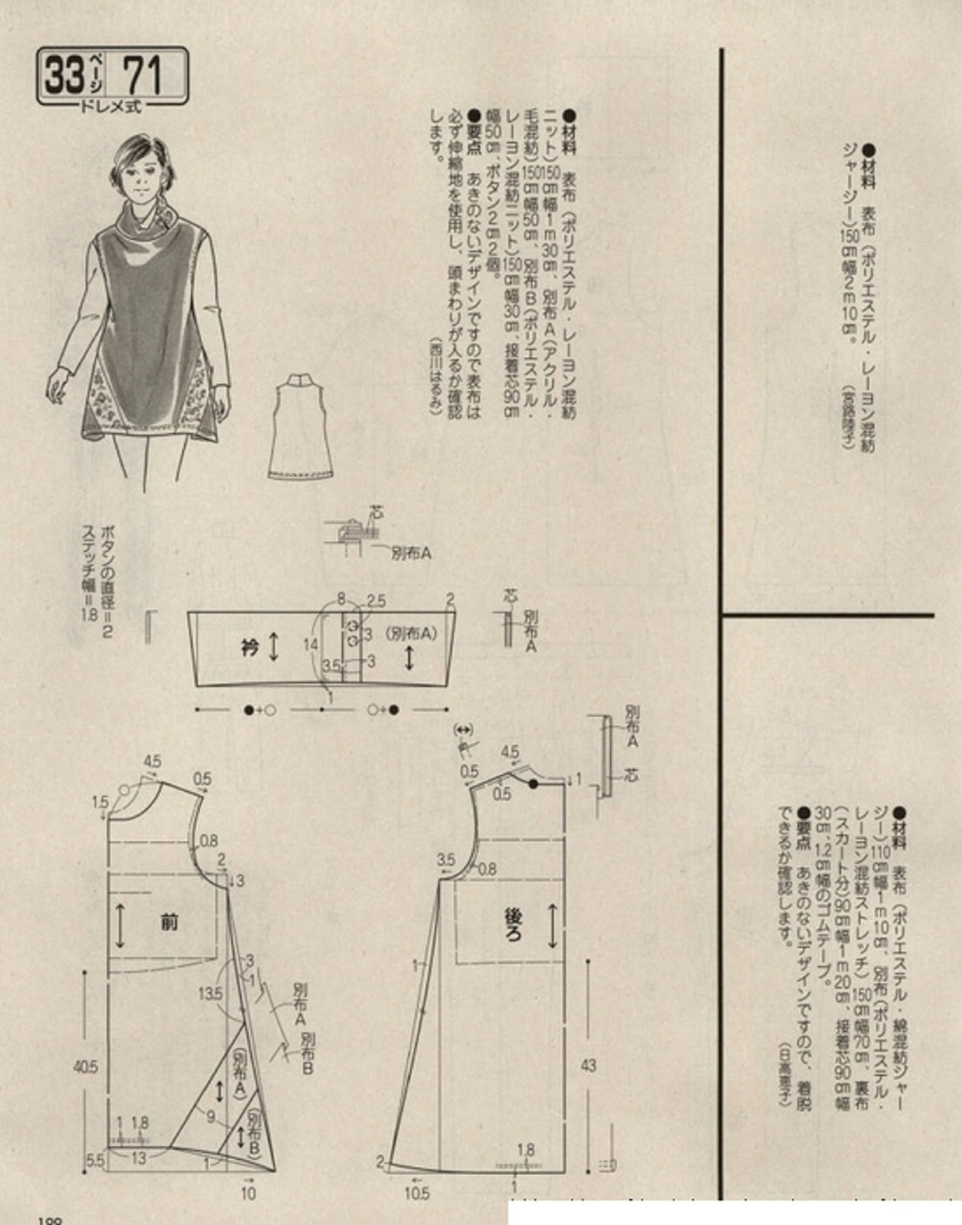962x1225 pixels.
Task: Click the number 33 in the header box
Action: click(64, 76)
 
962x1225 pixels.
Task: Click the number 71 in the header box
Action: click(142, 76)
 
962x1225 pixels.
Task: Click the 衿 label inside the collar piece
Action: click(249, 648)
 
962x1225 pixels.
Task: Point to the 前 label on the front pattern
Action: click(169, 922)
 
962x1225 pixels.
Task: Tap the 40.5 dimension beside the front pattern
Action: click(85, 1067)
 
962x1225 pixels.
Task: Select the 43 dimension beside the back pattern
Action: click(588, 1065)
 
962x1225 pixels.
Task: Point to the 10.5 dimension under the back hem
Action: click(417, 1192)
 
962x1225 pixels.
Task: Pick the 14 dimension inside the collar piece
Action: click(310, 645)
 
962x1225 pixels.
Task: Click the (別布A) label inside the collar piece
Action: click(411, 633)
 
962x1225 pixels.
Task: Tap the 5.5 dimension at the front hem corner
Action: click(94, 1160)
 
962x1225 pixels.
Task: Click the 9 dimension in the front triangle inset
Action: click(210, 1117)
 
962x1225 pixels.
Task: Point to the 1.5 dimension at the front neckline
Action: click(100, 802)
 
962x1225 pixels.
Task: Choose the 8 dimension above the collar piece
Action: click(341, 599)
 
